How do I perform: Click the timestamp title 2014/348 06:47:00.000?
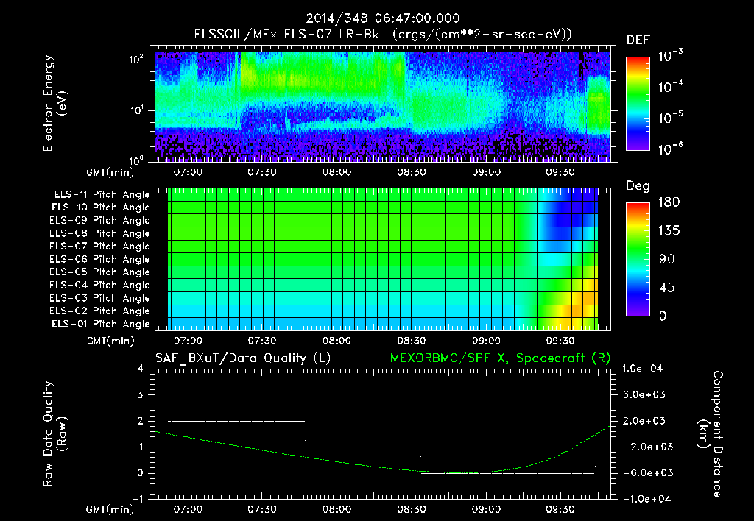click(x=376, y=18)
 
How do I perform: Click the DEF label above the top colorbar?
click(x=637, y=40)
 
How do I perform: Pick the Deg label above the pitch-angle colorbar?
click(x=637, y=186)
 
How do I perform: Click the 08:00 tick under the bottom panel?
click(x=337, y=508)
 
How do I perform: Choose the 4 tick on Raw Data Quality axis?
click(x=143, y=369)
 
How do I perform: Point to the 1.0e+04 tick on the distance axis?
click(x=644, y=369)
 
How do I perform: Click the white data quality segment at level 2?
click(x=236, y=421)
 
